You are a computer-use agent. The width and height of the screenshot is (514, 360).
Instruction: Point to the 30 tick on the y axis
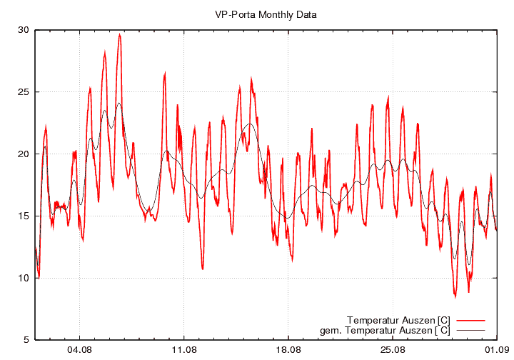(24, 30)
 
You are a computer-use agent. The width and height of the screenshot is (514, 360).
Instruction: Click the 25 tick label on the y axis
(24, 92)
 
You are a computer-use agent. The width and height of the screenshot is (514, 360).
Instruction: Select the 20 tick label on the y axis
(24, 154)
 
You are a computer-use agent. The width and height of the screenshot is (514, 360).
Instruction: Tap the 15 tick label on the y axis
(24, 216)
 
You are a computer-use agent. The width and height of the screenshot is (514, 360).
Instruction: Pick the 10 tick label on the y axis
(24, 278)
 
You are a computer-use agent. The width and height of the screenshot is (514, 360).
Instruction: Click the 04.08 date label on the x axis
(79, 351)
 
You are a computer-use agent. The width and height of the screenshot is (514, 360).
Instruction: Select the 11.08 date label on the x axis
(183, 351)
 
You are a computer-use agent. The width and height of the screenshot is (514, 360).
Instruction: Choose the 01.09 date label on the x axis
(497, 351)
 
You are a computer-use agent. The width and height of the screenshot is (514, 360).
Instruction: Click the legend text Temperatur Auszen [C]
(398, 319)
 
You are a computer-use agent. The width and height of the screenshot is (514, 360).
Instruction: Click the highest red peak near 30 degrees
(120, 34)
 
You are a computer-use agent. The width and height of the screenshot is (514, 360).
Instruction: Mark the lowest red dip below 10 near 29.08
(455, 296)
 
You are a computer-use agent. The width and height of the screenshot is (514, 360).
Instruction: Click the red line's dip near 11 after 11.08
(203, 269)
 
